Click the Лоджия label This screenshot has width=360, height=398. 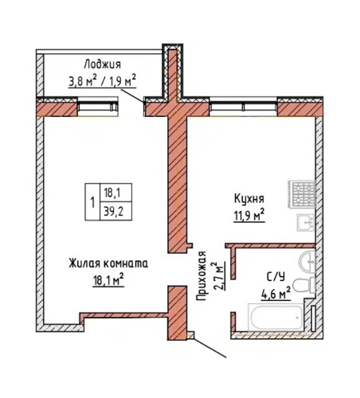coord(102,64)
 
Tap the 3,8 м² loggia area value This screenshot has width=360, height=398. coord(83,80)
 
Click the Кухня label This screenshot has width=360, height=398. coord(248,198)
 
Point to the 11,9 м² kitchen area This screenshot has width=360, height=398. coord(249,215)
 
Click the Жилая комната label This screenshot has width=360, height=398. coord(108,263)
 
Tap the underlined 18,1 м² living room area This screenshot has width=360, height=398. coord(108,280)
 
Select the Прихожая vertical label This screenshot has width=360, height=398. coord(202,276)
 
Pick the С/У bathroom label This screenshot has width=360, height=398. coord(276,277)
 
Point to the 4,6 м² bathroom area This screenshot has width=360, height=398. coord(276,293)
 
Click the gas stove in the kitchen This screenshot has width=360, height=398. coord(303,193)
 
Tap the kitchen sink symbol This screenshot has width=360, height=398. coord(306,223)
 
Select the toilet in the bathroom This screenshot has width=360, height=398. coord(305,285)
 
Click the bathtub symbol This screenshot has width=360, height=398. coord(275,318)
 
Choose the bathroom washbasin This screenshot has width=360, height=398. coord(307,261)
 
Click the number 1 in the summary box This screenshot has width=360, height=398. coord(92,202)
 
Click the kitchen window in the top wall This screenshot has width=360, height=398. coord(243,107)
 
